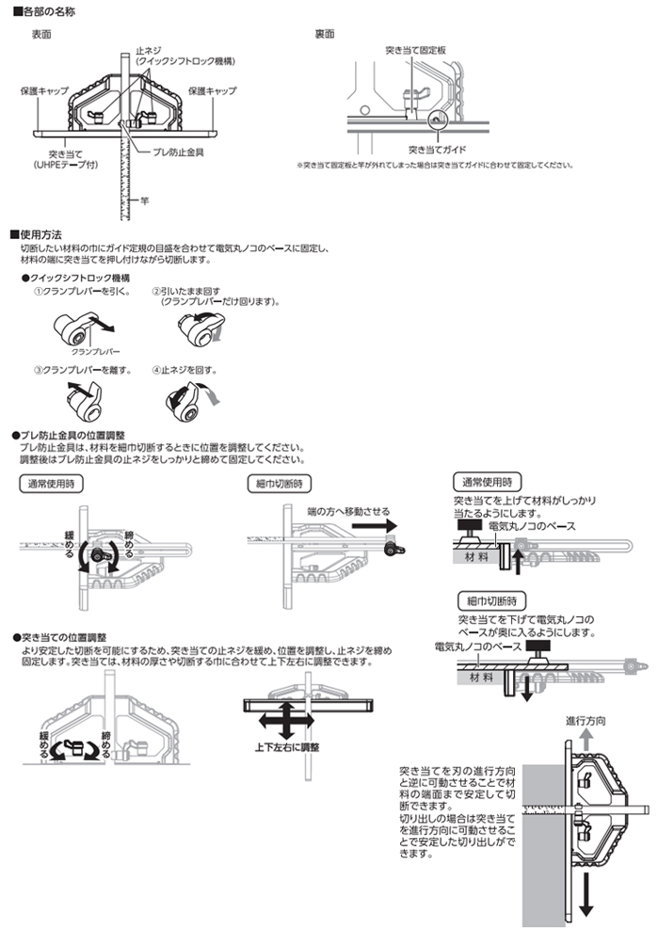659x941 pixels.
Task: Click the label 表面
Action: point(41,33)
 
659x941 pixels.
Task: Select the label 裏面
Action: point(325,33)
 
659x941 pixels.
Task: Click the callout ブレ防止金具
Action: point(179,150)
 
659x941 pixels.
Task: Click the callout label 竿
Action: point(145,199)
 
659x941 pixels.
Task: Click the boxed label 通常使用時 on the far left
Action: point(51,484)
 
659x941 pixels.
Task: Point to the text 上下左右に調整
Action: point(287,747)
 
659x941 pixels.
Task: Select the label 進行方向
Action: point(585,720)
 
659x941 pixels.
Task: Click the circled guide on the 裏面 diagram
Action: point(436,120)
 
